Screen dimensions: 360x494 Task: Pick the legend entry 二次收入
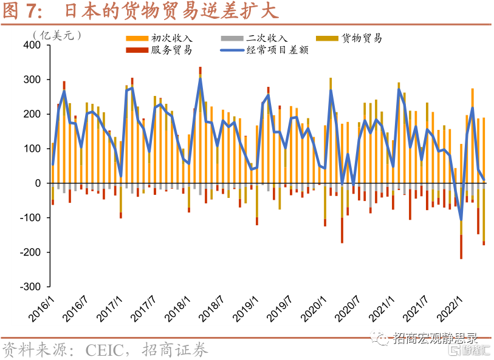(268, 38)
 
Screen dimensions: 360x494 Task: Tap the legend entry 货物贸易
(362, 38)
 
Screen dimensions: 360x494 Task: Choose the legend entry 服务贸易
(172, 50)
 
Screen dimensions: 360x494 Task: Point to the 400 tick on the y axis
(31, 46)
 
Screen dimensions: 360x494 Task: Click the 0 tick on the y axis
(38, 183)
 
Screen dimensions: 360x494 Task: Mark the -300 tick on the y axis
(29, 287)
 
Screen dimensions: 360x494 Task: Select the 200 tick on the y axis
(31, 114)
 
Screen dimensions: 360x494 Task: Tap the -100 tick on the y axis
(29, 218)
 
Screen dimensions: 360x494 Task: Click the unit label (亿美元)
(58, 35)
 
